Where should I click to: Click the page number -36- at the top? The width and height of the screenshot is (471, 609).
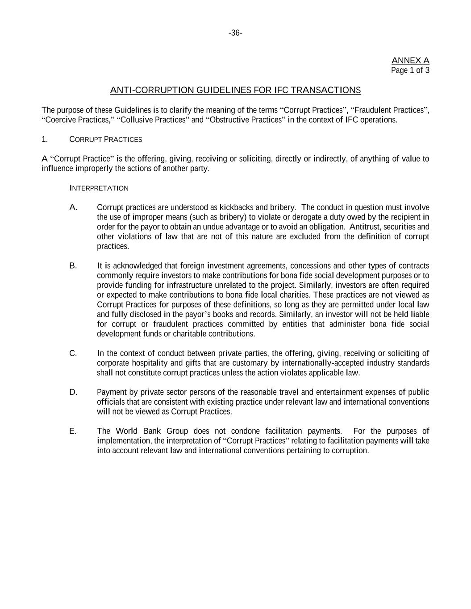(235, 33)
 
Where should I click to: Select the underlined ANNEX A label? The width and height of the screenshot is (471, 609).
(410, 60)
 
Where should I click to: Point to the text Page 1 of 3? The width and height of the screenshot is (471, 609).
(410, 70)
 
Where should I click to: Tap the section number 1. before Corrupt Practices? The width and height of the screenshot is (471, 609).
(45, 140)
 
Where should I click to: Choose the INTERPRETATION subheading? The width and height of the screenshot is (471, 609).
(99, 188)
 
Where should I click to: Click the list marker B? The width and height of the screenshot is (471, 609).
(73, 266)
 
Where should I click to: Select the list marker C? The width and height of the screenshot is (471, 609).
(73, 353)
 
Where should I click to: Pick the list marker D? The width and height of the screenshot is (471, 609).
(73, 392)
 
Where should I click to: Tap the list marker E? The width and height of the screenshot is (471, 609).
(73, 431)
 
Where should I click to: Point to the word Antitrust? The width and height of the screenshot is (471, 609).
(366, 227)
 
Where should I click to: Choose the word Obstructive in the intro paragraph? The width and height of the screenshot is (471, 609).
(229, 120)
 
